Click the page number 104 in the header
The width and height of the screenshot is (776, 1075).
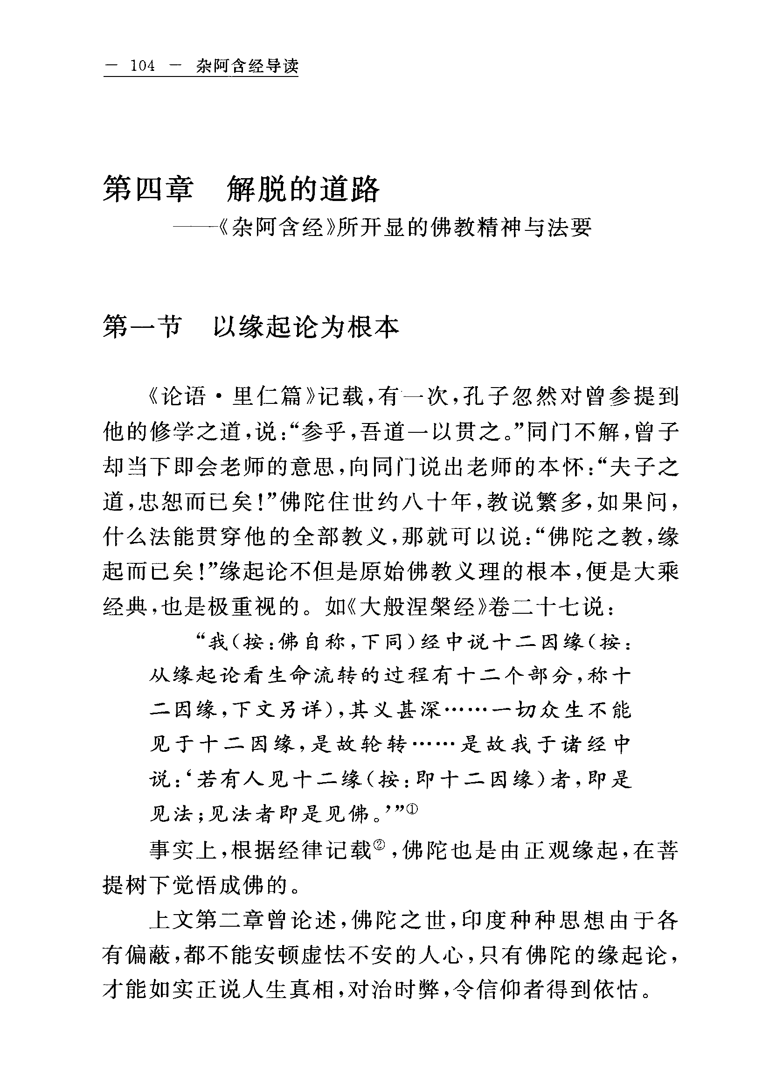(143, 66)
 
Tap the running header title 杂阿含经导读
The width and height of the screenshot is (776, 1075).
(247, 66)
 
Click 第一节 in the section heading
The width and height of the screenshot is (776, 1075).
(142, 327)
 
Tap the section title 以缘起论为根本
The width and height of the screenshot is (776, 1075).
(306, 327)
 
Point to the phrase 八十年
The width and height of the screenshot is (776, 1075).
(436, 502)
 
